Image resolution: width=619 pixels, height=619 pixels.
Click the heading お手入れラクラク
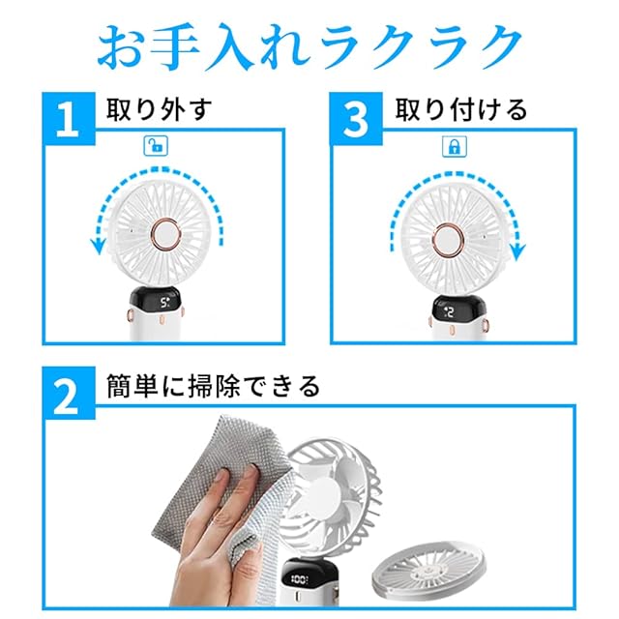coord(309,46)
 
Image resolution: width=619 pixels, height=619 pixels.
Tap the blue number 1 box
coord(69,119)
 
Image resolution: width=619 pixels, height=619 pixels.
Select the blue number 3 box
coord(356,119)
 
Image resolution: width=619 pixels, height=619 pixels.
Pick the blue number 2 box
coord(69,394)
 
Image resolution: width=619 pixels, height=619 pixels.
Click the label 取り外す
coord(159,109)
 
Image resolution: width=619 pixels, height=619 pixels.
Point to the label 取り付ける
coord(461,109)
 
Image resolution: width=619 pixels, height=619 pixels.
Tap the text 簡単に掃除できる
coord(213,386)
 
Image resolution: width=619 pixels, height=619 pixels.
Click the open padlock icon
coord(156,146)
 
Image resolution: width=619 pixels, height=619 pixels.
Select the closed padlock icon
coord(454,146)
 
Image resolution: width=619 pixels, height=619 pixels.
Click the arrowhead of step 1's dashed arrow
coord(98,247)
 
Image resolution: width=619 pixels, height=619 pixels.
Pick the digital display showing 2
coord(450,312)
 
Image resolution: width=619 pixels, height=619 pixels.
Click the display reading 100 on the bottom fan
coord(300,579)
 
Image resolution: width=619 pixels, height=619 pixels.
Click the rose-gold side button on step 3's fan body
coord(486,326)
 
